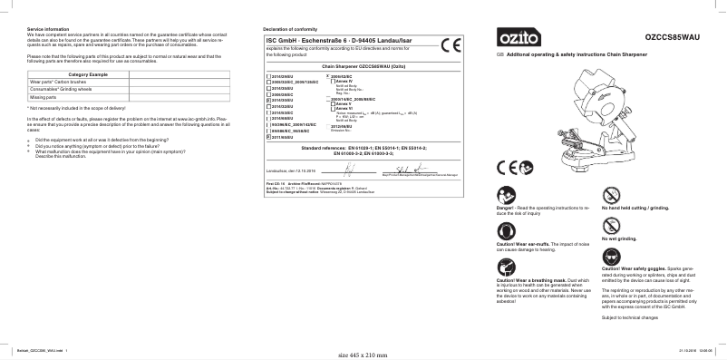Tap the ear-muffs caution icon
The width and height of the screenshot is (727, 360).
506,232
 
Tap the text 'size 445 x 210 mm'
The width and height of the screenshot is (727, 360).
362,354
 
